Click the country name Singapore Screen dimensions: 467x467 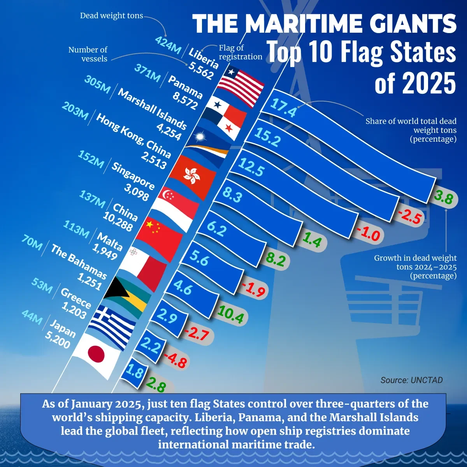point(133,175)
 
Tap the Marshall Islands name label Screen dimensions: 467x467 point(152,109)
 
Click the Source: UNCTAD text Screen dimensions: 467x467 point(411,380)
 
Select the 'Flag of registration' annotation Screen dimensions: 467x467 point(240,53)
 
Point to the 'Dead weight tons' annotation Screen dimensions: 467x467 point(111,16)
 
